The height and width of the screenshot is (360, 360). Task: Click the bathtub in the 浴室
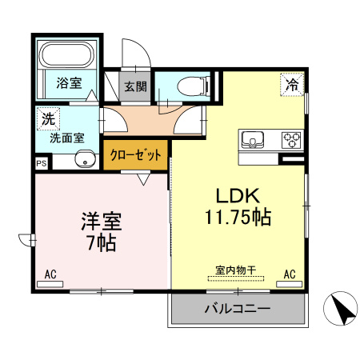(x=67, y=55)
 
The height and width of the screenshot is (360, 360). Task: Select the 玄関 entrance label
(x=134, y=86)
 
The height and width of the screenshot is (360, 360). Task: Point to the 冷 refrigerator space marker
(x=294, y=82)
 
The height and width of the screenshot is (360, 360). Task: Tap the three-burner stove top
(x=290, y=140)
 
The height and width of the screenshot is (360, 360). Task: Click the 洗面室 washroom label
(x=66, y=137)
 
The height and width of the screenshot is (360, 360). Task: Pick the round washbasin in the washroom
(x=83, y=158)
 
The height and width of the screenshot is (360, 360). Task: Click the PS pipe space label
(x=40, y=162)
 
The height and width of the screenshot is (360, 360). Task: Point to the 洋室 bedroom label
(x=100, y=218)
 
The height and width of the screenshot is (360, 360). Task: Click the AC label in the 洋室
(x=50, y=274)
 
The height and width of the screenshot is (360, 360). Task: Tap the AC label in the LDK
(x=290, y=274)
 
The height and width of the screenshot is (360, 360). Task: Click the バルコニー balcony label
(x=238, y=308)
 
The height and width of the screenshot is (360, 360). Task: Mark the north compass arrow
(x=340, y=308)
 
